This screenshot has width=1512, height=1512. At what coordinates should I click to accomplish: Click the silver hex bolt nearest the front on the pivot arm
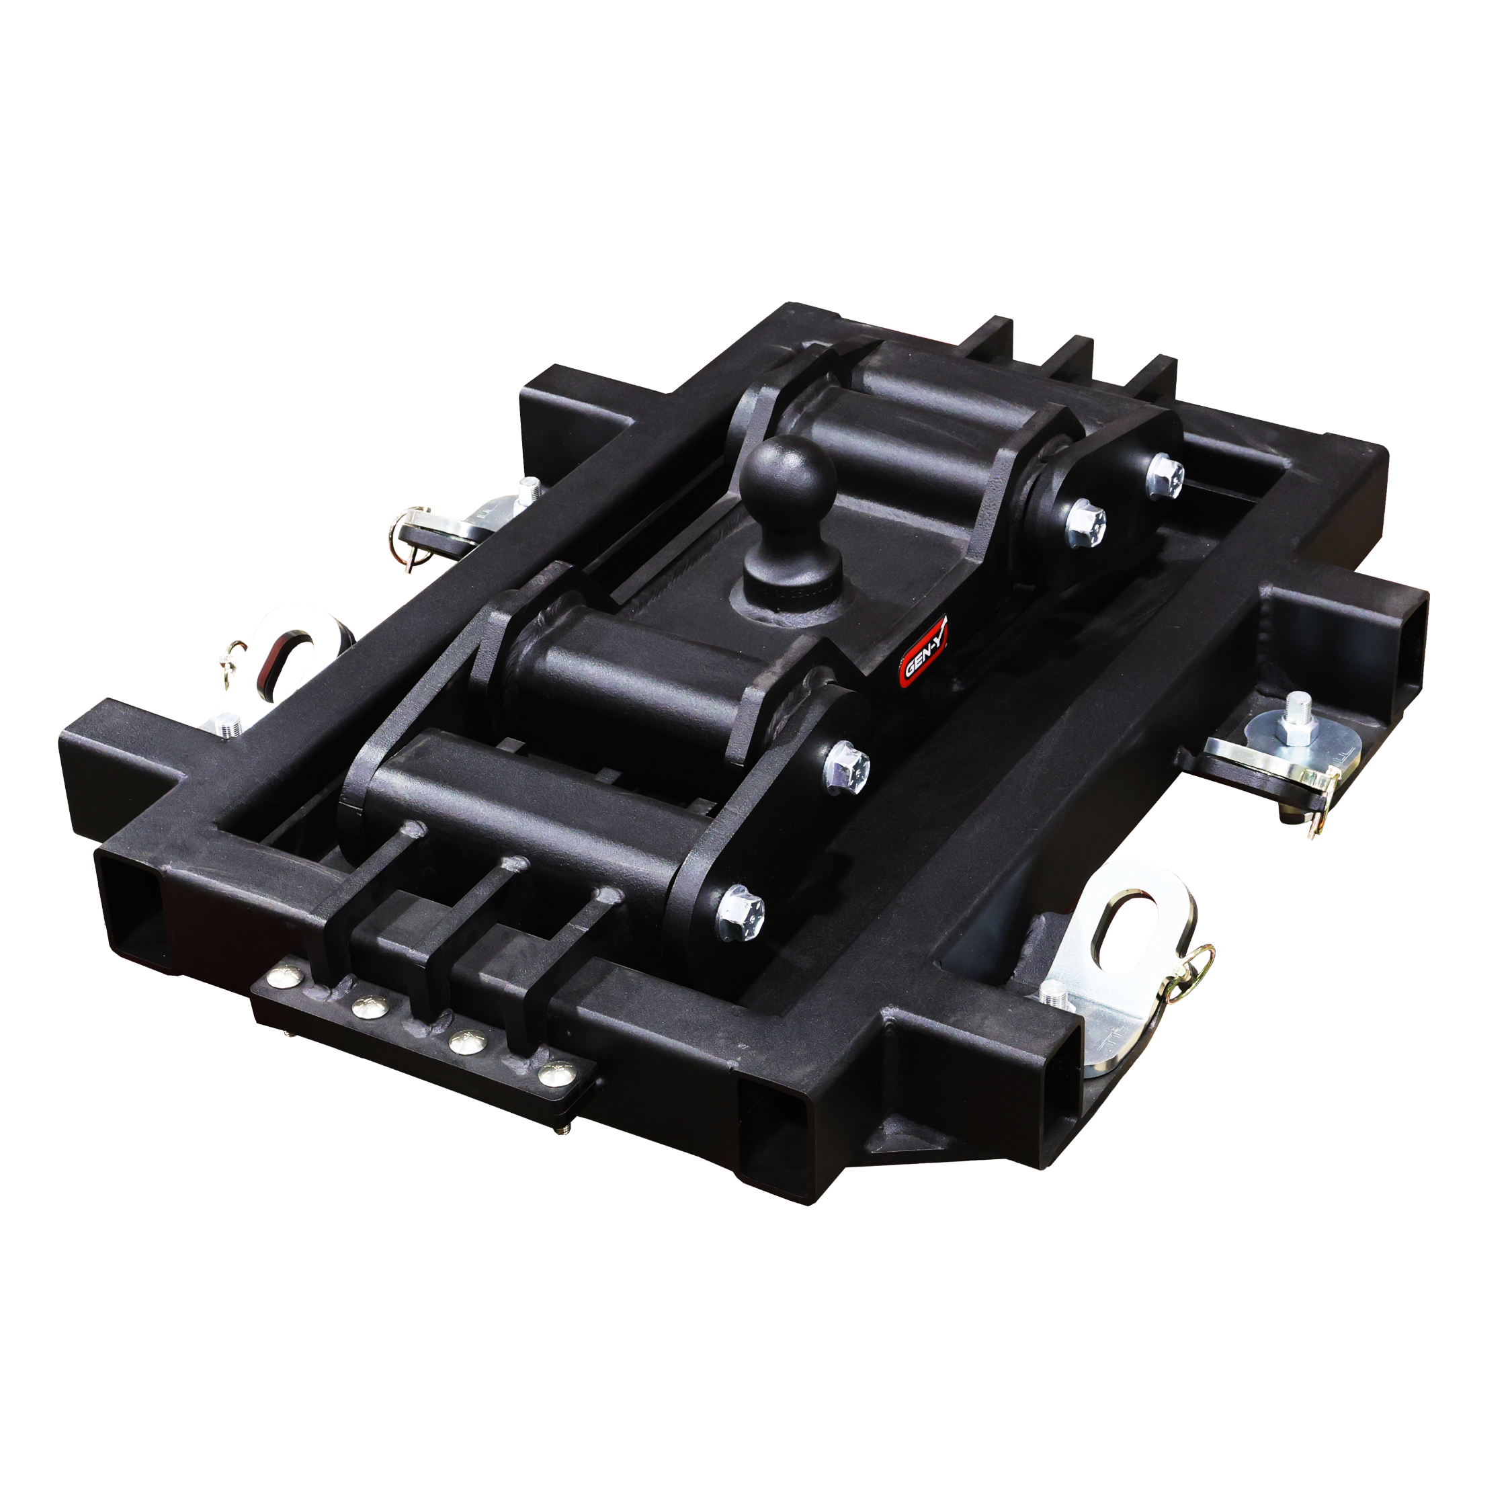tap(738, 909)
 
